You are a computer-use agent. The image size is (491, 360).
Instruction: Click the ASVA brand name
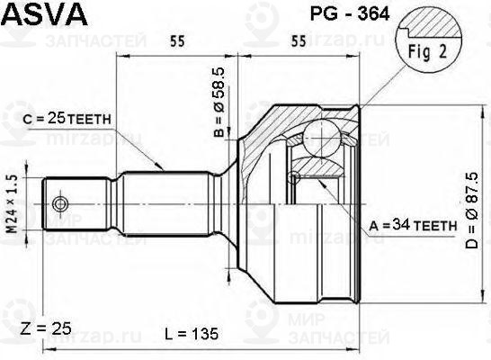coord(45,16)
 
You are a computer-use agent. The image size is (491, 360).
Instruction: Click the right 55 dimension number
coord(300,40)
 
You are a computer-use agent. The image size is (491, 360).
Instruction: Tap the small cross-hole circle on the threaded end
coord(61,203)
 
